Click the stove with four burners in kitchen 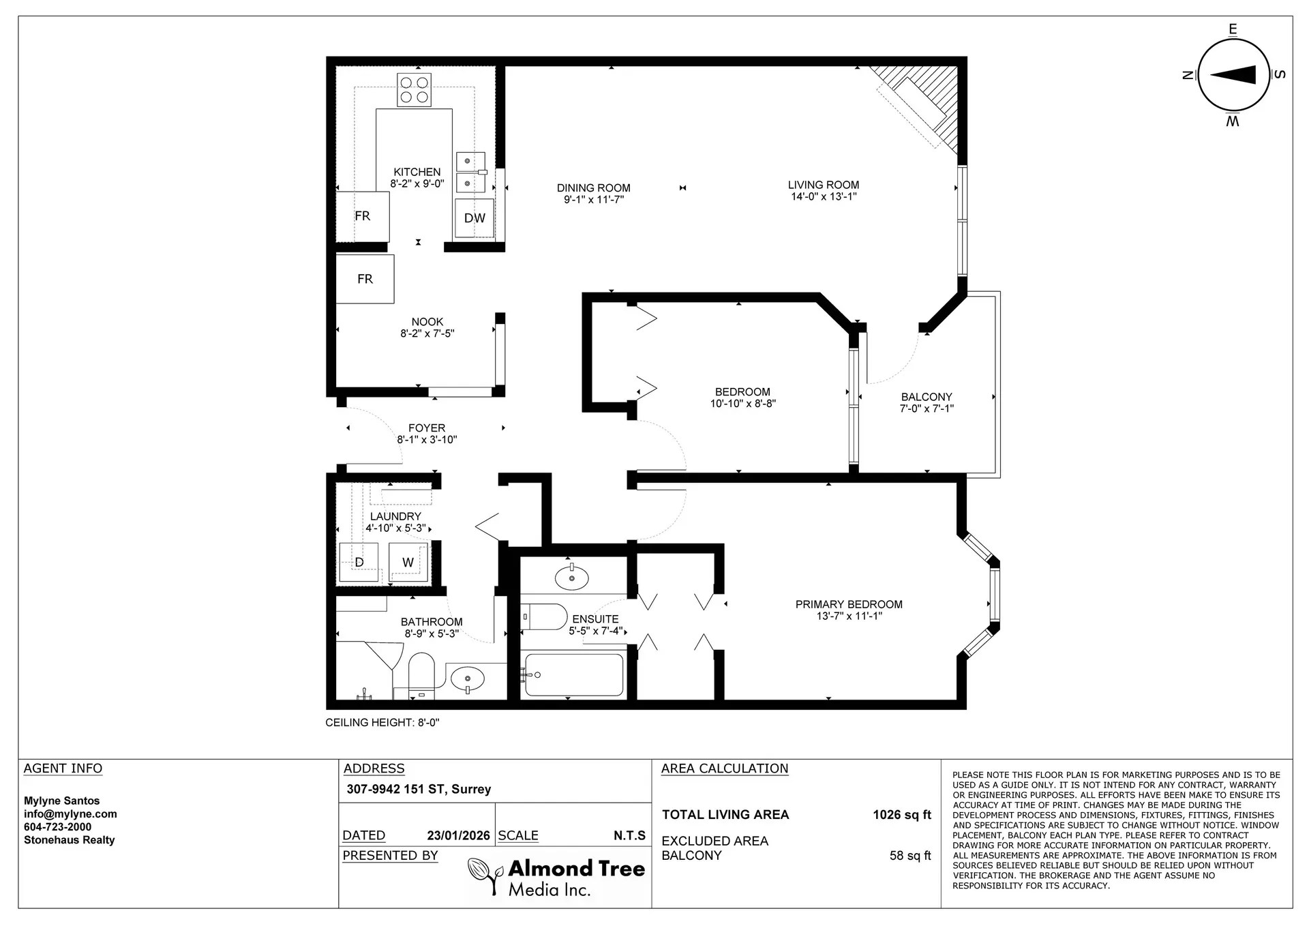click(x=415, y=90)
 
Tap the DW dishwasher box click(x=475, y=218)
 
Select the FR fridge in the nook click(x=365, y=278)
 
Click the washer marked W click(x=408, y=563)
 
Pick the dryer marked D click(x=359, y=563)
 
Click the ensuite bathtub click(x=574, y=675)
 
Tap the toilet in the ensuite click(x=545, y=617)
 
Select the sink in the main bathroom click(x=468, y=679)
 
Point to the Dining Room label click(x=593, y=188)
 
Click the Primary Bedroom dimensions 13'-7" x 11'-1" click(x=849, y=616)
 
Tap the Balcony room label click(x=926, y=397)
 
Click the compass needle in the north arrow click(x=1233, y=75)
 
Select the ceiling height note click(x=382, y=723)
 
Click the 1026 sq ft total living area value click(x=901, y=815)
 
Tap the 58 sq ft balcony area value click(x=909, y=856)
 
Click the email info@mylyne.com click(x=70, y=814)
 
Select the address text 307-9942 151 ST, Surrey click(x=419, y=789)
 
